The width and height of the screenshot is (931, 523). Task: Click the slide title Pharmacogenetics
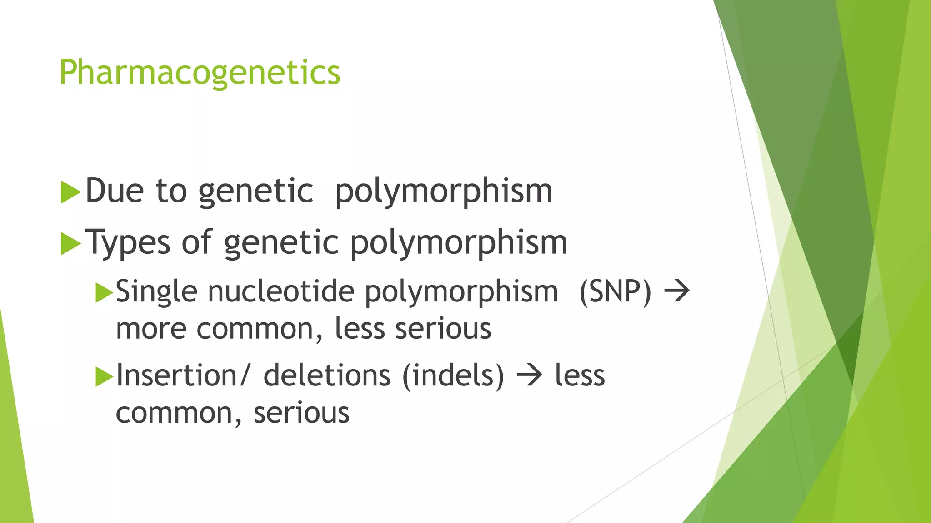point(200,73)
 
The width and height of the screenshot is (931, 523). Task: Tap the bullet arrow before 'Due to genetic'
point(70,192)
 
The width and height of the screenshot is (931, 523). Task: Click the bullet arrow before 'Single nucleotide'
point(104,292)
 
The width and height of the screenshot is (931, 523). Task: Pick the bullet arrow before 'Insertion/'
point(104,377)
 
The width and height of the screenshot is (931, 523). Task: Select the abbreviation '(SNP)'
point(615,291)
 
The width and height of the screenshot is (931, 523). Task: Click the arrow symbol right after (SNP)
point(677,291)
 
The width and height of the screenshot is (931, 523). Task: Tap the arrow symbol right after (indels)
point(530,376)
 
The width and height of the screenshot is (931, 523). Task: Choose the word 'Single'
point(156,292)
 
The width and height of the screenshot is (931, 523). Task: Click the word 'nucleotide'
point(281,291)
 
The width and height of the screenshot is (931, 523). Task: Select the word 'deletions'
point(327,376)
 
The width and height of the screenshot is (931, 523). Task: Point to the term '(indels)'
point(453,376)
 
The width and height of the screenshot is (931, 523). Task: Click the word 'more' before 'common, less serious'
point(151,329)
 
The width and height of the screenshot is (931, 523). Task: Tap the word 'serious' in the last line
point(301,413)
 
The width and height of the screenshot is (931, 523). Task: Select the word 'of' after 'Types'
point(197,242)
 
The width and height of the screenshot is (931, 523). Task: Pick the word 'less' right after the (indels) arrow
point(580,376)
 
